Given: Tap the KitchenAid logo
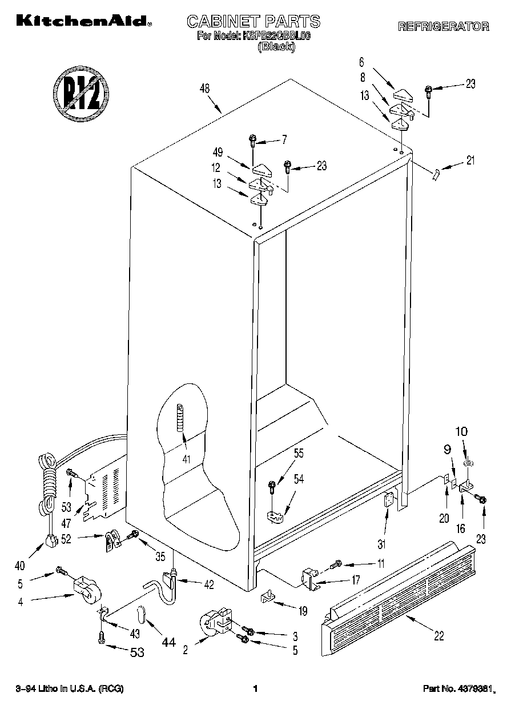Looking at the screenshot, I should pyautogui.click(x=84, y=21).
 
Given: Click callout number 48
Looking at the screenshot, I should pyautogui.click(x=205, y=89).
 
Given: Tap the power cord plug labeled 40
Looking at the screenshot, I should pyautogui.click(x=51, y=539).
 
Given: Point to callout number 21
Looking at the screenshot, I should pyautogui.click(x=470, y=161).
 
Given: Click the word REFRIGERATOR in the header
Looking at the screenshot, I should pyautogui.click(x=443, y=26).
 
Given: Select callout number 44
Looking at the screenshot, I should pyautogui.click(x=168, y=643).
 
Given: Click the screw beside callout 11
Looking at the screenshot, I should pyautogui.click(x=336, y=564).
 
